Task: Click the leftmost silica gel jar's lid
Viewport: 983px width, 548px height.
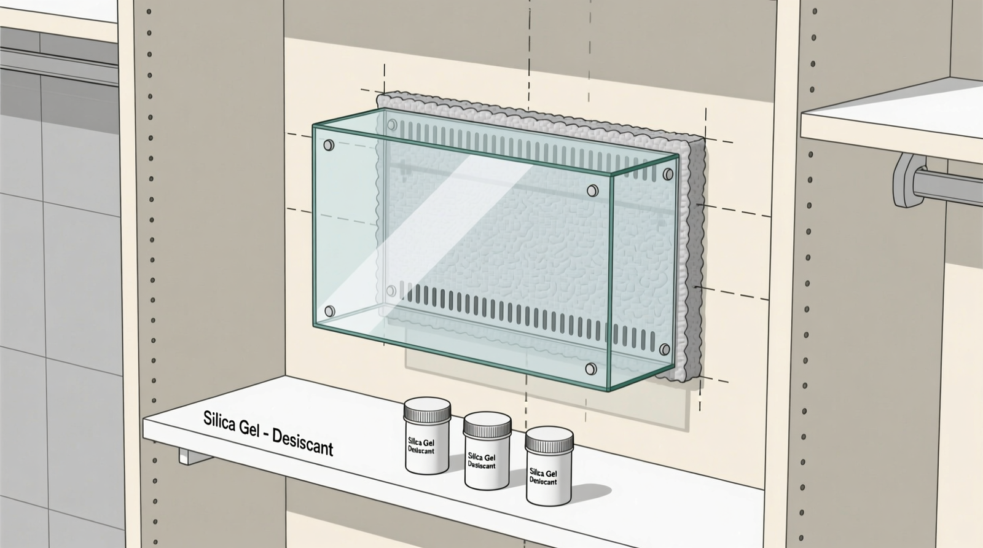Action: click(427, 410)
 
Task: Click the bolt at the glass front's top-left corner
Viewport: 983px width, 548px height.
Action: click(329, 146)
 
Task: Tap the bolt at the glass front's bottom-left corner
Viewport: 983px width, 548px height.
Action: click(329, 311)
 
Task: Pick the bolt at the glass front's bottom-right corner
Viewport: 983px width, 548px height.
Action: click(591, 369)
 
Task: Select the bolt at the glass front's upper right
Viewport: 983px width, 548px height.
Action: click(593, 190)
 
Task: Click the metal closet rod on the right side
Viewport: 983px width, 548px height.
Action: click(949, 185)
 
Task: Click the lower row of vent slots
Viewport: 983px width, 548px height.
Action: click(522, 310)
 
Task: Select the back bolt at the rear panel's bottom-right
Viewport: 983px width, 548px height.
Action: click(665, 350)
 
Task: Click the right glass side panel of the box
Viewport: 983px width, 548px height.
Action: click(642, 270)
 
